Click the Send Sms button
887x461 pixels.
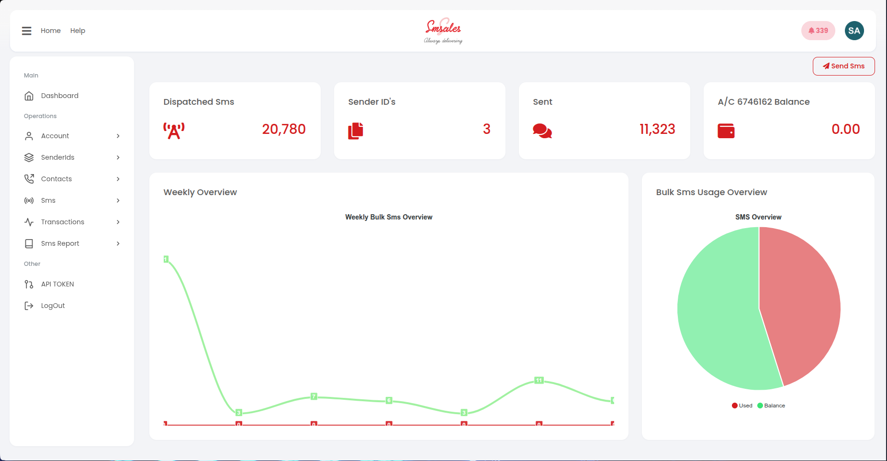click(843, 66)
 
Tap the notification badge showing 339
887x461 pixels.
click(818, 31)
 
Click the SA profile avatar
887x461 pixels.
click(854, 31)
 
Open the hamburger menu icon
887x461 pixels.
click(27, 31)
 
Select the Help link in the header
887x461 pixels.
click(78, 31)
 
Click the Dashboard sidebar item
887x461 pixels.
click(59, 96)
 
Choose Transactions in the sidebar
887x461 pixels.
click(62, 222)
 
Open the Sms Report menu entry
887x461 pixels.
click(60, 243)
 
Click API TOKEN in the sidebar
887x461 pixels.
click(57, 284)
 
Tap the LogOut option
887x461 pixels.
click(53, 306)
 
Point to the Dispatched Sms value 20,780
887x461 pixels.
click(283, 129)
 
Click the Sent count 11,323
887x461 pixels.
click(657, 129)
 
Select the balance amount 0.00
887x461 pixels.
click(845, 129)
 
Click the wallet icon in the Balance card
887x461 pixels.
click(726, 131)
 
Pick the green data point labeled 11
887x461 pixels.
click(539, 380)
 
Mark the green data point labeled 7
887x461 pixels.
click(314, 396)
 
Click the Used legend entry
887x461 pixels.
click(742, 406)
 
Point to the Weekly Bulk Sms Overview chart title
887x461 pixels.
click(389, 217)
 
